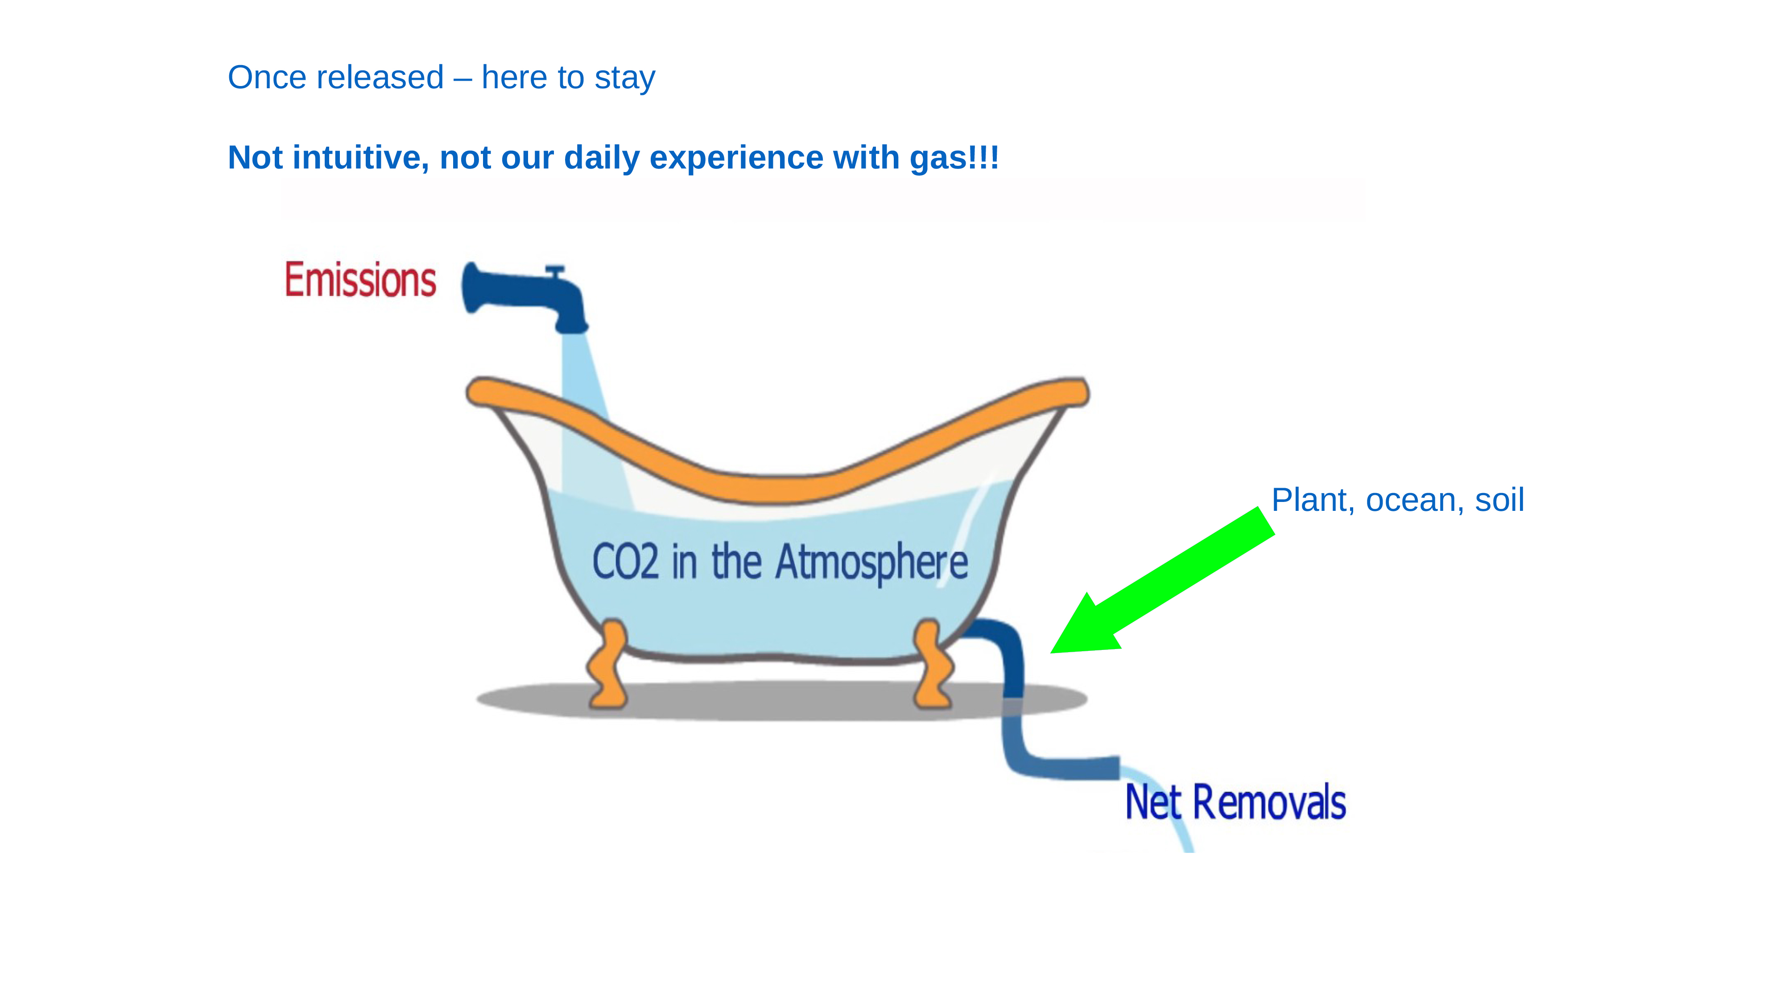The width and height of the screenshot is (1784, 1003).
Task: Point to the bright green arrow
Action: tap(1162, 580)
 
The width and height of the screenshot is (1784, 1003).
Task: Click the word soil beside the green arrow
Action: tap(1500, 500)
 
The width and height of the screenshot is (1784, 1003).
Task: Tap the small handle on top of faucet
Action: tap(555, 271)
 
